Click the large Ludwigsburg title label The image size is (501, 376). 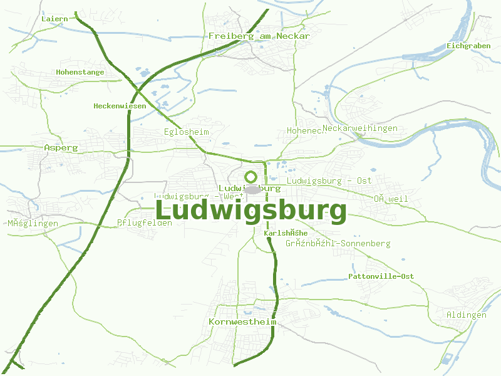250,211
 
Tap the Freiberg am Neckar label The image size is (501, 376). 259,36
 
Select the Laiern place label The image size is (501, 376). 54,19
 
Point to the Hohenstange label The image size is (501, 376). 80,72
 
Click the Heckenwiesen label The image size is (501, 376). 120,106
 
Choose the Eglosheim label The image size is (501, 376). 186,132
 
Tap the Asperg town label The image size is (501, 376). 61,148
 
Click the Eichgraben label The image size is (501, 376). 469,46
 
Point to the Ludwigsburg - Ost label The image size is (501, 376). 329,180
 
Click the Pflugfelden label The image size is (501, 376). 145,222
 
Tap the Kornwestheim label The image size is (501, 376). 242,321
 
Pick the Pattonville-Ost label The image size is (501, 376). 381,276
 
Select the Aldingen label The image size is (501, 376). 467,315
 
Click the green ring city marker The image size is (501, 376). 251,177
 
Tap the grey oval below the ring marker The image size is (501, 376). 252,189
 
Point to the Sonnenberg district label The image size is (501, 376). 338,243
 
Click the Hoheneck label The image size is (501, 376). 304,130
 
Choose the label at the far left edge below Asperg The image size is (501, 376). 33,224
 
